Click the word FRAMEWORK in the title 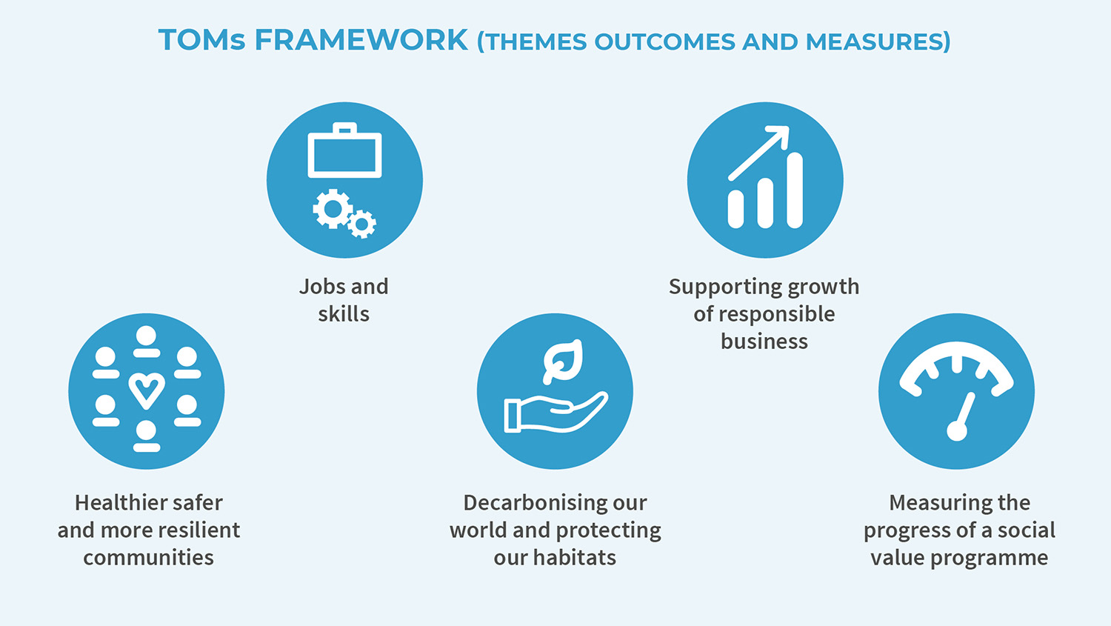(361, 40)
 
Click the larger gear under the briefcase (332, 209)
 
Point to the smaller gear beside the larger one (362, 223)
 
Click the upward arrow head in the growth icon (779, 138)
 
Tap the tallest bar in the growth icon (795, 190)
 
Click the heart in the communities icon (147, 390)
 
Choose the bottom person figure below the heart (147, 436)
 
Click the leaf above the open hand (564, 361)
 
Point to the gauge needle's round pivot (957, 430)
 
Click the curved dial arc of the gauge (957, 356)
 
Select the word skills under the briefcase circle (344, 314)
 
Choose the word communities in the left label (148, 558)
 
